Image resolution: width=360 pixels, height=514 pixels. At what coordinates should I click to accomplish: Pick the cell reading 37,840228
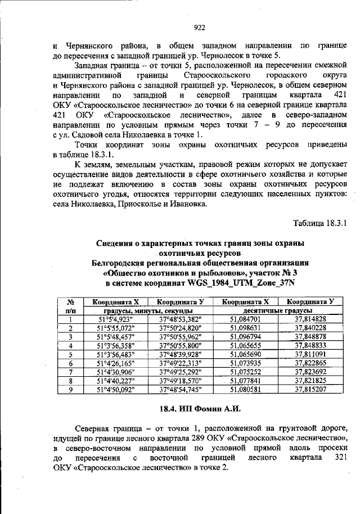pyautogui.click(x=310, y=328)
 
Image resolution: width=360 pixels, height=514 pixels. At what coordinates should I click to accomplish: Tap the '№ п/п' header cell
pyautogui.click(x=71, y=306)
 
